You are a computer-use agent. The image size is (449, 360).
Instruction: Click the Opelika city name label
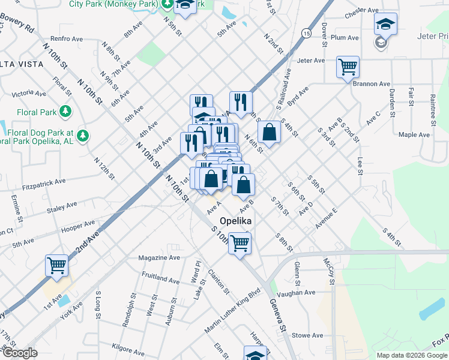click(235, 220)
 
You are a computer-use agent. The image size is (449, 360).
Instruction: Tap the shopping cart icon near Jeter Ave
click(348, 67)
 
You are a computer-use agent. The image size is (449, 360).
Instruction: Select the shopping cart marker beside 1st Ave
click(56, 265)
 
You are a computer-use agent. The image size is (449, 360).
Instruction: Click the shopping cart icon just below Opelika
click(240, 244)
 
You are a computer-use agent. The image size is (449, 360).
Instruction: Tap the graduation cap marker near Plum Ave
click(385, 25)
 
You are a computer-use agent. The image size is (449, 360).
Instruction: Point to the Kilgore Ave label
click(128, 349)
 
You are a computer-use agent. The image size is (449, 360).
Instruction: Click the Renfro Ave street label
click(67, 39)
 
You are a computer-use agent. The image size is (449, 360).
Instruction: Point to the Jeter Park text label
click(432, 36)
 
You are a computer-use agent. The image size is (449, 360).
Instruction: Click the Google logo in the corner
click(20, 353)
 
